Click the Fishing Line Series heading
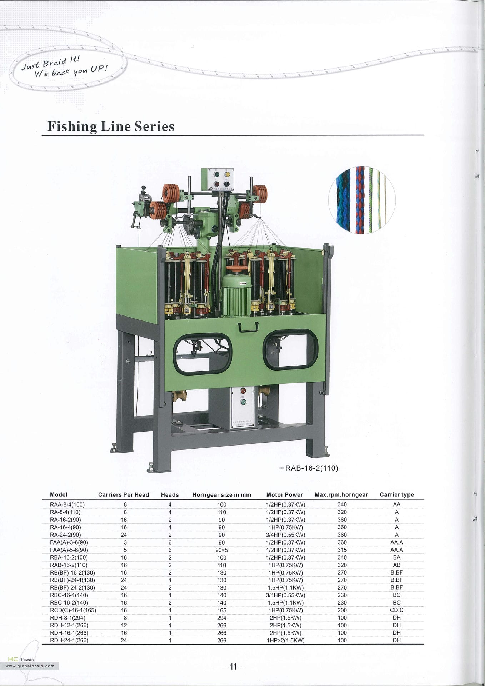pyautogui.click(x=111, y=126)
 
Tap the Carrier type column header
pyautogui.click(x=397, y=494)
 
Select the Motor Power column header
pyautogui.click(x=285, y=494)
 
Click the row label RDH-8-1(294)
pyautogui.click(x=68, y=617)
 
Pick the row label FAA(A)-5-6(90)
pyautogui.click(x=69, y=550)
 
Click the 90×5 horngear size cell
pyautogui.click(x=221, y=550)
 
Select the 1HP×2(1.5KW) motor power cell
pyautogui.click(x=286, y=640)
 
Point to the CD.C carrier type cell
pyautogui.click(x=397, y=610)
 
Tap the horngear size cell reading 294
pyautogui.click(x=221, y=617)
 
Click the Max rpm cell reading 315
pyautogui.click(x=342, y=550)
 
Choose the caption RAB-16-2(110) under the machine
pyautogui.click(x=311, y=468)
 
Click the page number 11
pyautogui.click(x=233, y=666)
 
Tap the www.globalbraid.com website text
pyautogui.click(x=30, y=666)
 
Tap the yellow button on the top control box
pyautogui.click(x=227, y=174)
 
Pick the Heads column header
pyautogui.click(x=170, y=494)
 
